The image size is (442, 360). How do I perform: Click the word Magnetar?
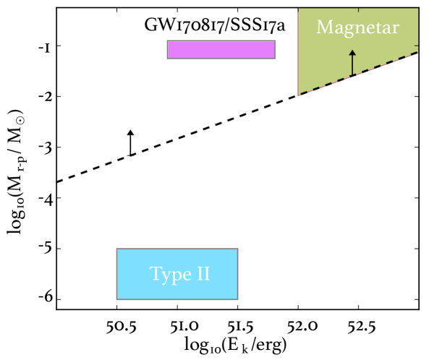coord(357,28)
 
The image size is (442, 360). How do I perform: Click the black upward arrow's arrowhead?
coord(352,53)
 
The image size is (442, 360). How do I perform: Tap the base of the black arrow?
coord(352,75)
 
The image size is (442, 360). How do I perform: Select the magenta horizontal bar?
coord(221,49)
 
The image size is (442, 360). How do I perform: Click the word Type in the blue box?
coord(168,275)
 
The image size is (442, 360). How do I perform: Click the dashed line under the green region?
coord(362,73)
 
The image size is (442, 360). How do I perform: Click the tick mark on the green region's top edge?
coord(359,10)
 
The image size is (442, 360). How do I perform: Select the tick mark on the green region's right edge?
coord(416,46)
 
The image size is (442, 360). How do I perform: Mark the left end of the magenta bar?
coord(169,49)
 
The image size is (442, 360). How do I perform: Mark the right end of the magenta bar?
coord(273,49)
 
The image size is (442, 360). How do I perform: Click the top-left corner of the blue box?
coord(119,250)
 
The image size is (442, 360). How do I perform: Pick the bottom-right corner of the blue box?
coord(236,297)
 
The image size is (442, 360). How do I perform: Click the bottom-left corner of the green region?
coord(299,94)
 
